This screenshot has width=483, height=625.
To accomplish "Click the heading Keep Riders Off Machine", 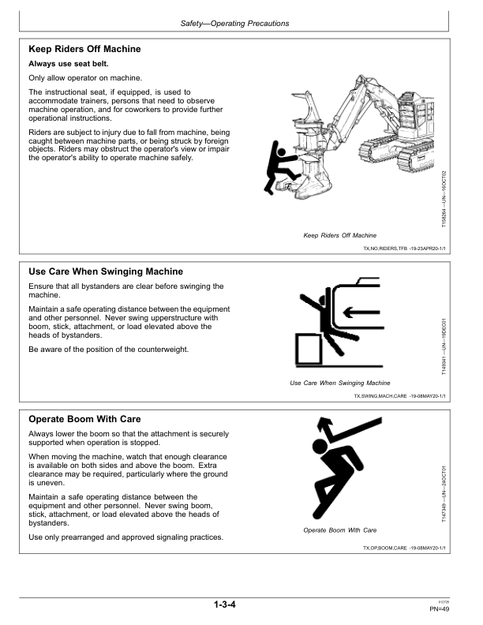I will pyautogui.click(x=84, y=49).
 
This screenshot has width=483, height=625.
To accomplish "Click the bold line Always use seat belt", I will pyautogui.click(x=69, y=63).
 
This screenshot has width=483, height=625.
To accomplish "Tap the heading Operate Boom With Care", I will pyautogui.click(x=84, y=419).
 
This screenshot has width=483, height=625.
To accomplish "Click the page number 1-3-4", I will pyautogui.click(x=226, y=605).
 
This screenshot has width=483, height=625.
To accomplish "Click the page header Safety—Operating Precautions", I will pyautogui.click(x=235, y=24).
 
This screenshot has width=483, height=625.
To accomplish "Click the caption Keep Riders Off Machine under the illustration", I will pyautogui.click(x=339, y=235).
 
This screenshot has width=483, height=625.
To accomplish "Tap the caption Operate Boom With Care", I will pyautogui.click(x=339, y=530).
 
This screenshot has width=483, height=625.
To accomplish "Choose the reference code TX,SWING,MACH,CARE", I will pyautogui.click(x=381, y=395).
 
